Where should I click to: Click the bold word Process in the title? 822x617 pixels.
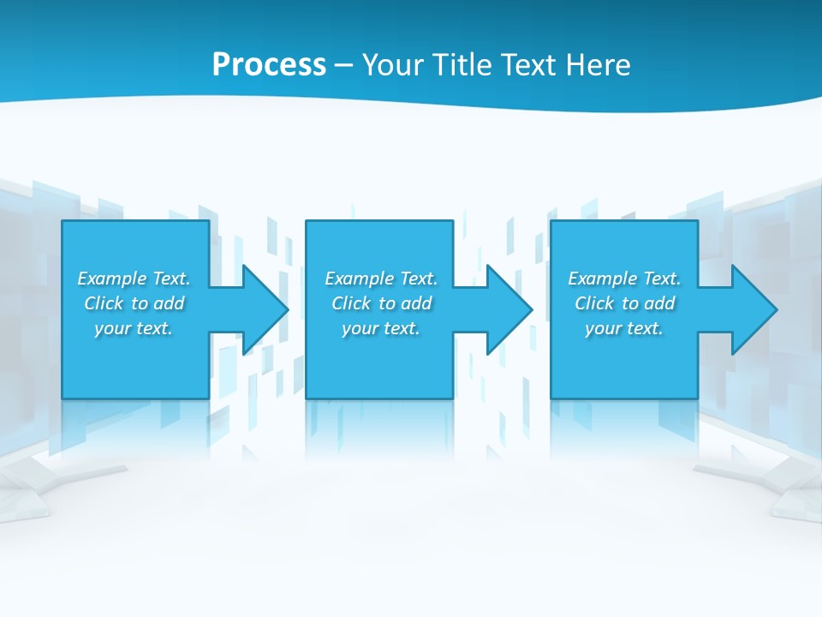coord(269,65)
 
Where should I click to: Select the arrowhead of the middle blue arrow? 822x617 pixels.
coord(510,309)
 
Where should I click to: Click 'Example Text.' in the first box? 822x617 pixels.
coord(134,279)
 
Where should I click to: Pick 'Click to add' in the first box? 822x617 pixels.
coord(134,303)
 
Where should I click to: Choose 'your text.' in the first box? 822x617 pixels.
coord(134,328)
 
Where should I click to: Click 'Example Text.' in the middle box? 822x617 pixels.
coord(381,279)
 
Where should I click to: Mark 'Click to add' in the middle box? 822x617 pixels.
coord(381,303)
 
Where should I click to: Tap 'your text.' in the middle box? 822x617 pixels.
coord(381,328)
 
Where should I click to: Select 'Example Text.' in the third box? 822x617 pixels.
coord(624,279)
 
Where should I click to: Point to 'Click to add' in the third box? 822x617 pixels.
coord(624,303)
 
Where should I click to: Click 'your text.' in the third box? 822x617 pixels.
coord(624,328)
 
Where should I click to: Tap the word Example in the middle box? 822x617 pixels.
coord(360,279)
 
